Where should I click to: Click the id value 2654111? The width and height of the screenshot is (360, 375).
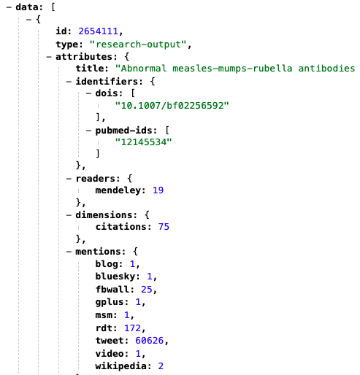98,31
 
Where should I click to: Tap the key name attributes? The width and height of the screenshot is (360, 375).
85,57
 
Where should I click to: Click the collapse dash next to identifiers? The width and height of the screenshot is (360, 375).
69,82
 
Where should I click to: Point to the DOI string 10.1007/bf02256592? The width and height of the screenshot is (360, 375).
172,106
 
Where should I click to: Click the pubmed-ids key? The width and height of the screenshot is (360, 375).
123,131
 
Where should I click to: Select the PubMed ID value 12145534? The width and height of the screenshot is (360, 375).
144,142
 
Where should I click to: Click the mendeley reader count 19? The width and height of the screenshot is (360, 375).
158,190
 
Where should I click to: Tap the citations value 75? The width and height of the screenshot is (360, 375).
164,227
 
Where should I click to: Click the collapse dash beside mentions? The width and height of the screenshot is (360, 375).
69,252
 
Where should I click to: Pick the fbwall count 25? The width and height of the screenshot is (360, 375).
147,290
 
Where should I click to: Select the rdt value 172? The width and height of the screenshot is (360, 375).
132,328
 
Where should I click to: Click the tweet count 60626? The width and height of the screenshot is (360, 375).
149,341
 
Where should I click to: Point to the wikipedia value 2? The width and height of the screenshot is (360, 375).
161,366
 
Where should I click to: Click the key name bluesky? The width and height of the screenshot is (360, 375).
115,277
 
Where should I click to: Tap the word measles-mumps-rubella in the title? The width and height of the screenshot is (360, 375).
232,69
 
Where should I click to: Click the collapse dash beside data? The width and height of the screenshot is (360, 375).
9,7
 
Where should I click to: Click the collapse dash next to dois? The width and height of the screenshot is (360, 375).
89,93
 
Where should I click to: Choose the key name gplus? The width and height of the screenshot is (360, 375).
110,302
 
